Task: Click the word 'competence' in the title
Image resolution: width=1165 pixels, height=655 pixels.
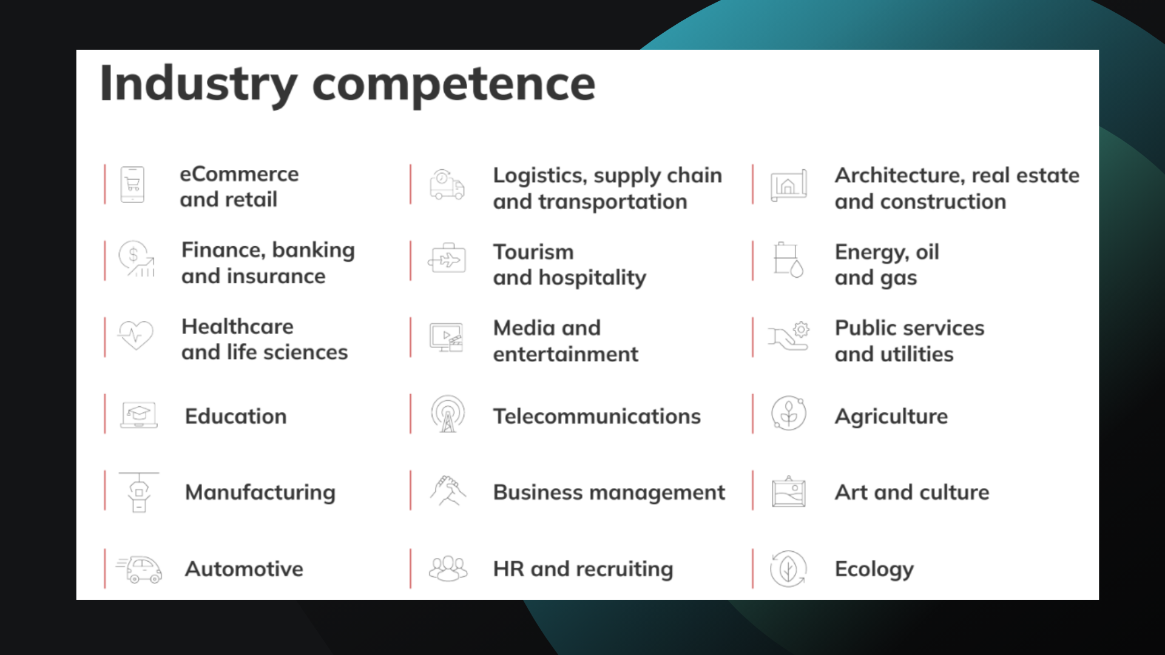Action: click(453, 84)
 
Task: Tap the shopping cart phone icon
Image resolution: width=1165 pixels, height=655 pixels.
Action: click(132, 184)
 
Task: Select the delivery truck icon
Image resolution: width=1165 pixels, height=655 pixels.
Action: click(447, 185)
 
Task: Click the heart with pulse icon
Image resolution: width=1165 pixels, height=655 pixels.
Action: click(136, 335)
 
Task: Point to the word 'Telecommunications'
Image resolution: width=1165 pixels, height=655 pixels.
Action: click(596, 416)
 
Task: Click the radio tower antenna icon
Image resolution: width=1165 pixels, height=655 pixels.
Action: click(448, 414)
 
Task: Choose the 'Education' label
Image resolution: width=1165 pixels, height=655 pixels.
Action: click(235, 416)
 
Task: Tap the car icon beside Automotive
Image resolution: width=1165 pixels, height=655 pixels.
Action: click(141, 569)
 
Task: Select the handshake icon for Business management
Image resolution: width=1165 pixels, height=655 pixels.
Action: click(448, 491)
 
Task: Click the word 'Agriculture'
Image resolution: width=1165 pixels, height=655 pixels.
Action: click(891, 416)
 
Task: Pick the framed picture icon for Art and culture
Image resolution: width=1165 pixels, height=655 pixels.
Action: click(788, 492)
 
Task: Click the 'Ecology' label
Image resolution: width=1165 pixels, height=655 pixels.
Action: click(874, 569)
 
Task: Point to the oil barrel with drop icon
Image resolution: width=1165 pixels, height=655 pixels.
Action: click(788, 260)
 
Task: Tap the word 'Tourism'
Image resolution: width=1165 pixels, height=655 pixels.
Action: click(533, 252)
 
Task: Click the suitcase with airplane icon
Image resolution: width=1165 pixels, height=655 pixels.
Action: click(447, 260)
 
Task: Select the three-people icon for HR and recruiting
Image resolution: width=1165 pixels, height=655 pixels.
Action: click(448, 569)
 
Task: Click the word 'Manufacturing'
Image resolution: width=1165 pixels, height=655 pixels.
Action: click(260, 492)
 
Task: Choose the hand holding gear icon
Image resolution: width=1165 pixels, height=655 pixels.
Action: click(789, 336)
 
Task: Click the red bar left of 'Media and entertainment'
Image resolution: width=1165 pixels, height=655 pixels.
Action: click(411, 337)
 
